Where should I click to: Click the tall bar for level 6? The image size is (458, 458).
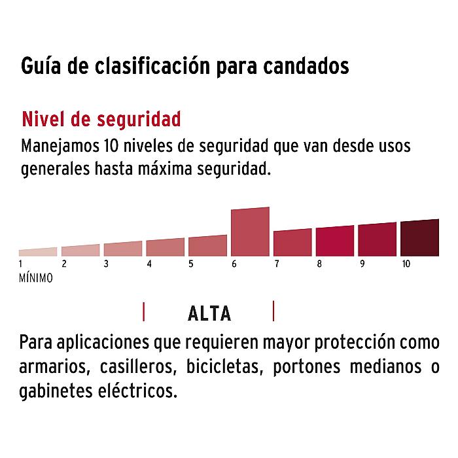pos(250,232)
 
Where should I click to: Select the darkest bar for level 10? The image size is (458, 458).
pos(419,238)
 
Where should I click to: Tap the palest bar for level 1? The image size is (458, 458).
pos(38,252)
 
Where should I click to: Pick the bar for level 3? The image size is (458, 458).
pos(122,249)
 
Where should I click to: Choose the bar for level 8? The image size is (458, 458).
pos(334,241)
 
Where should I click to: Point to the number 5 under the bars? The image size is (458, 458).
pos(191,264)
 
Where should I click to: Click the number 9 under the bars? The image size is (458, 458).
pos(362,264)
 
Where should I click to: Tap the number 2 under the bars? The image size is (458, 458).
pos(64,264)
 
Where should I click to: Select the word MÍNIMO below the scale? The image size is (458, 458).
pos(36,277)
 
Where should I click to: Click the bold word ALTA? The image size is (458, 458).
pos(209,314)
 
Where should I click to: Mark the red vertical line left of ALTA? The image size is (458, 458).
pos(143,311)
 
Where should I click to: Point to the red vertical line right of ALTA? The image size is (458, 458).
pos(273,311)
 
